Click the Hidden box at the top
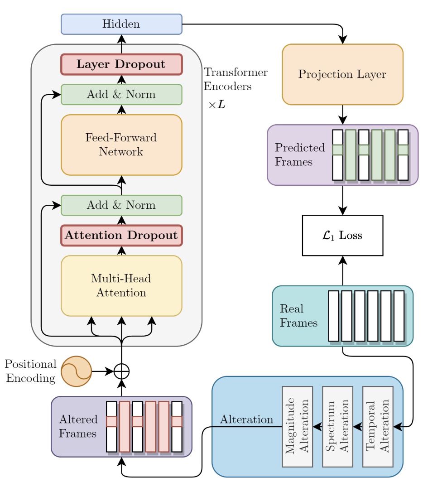coord(121,24)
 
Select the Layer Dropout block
coord(121,64)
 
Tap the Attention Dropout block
coord(121,236)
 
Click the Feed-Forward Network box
coord(121,145)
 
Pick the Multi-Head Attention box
coord(121,286)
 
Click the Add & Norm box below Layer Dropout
coord(121,95)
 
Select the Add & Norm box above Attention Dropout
coord(121,205)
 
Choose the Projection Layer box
coord(342,75)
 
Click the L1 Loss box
coord(342,236)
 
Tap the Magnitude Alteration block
coord(297,426)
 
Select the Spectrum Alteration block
coord(337,426)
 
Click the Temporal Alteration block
coord(378,426)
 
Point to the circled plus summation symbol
coord(121,371)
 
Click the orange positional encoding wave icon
coord(76,371)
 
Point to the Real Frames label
coord(298,316)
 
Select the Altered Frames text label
coord(77,426)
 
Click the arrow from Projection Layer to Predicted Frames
coord(342,115)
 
